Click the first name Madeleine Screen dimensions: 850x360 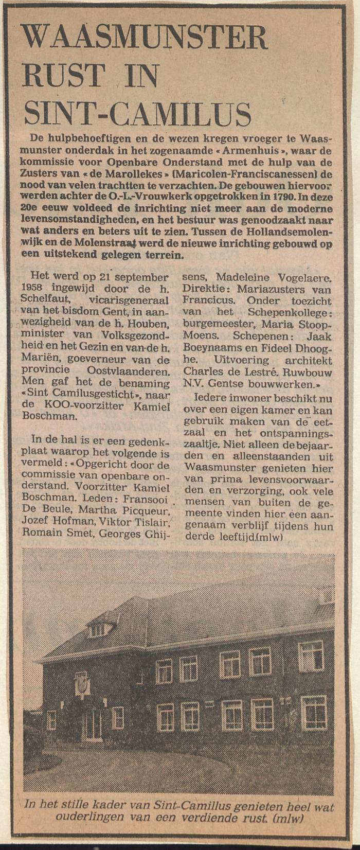pos(242,277)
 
